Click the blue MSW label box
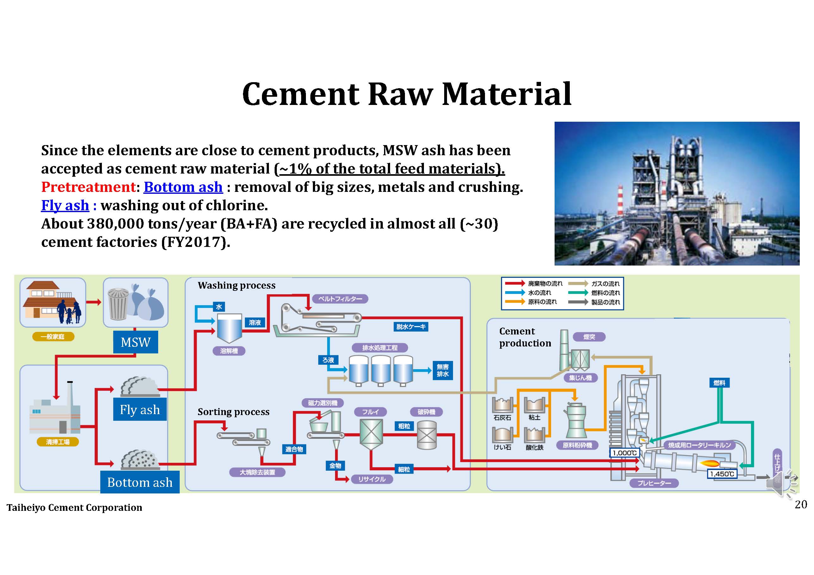[x=135, y=342]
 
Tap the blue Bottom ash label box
[x=140, y=482]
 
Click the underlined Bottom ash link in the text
[x=183, y=187]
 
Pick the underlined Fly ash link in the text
[x=65, y=205]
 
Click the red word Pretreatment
[x=88, y=187]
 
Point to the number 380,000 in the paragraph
[x=115, y=223]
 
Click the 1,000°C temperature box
[x=624, y=453]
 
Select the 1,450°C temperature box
[x=722, y=474]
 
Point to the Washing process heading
[x=236, y=285]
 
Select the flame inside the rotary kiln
[x=710, y=463]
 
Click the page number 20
[x=800, y=504]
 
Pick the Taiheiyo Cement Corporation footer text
[x=74, y=507]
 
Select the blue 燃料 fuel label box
[x=719, y=382]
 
